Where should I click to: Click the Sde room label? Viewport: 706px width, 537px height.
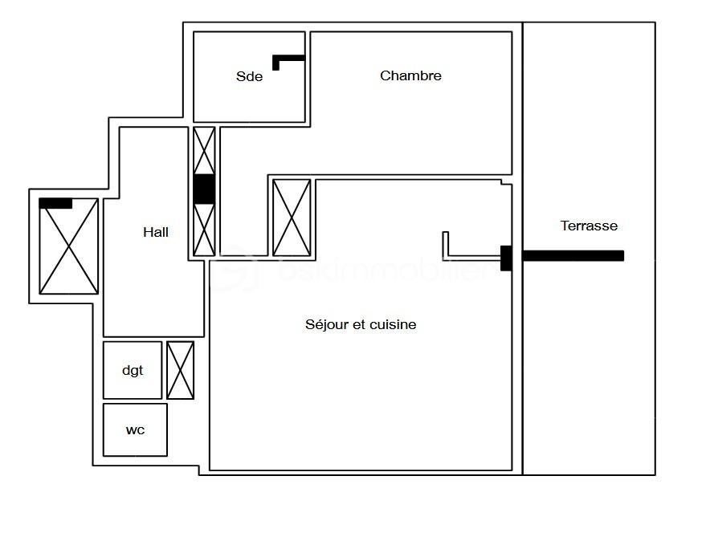click(x=249, y=77)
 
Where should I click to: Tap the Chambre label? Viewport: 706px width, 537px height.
click(x=410, y=75)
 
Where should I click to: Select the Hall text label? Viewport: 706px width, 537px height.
click(x=156, y=232)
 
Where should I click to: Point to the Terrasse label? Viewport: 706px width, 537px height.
click(x=589, y=226)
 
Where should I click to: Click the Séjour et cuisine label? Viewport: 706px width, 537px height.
click(x=361, y=324)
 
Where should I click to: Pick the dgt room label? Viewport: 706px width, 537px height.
click(x=133, y=370)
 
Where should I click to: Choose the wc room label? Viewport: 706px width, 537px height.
click(x=135, y=430)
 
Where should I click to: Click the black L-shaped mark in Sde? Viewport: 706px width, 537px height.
click(x=287, y=59)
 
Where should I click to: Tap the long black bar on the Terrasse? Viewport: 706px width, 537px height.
click(x=573, y=256)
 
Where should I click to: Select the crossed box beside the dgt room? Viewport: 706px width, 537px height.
click(x=181, y=370)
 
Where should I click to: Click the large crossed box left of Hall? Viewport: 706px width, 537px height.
click(x=69, y=246)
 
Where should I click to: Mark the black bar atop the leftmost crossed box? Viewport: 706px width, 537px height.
click(x=55, y=204)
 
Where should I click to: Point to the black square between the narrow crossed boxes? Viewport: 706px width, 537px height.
click(x=204, y=189)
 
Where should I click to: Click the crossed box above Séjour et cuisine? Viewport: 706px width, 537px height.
click(x=292, y=218)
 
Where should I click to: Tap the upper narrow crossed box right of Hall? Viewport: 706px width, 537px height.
click(x=205, y=150)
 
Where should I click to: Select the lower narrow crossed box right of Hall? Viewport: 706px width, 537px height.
click(x=205, y=230)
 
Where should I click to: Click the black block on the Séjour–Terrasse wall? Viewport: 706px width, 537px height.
click(x=506, y=258)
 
